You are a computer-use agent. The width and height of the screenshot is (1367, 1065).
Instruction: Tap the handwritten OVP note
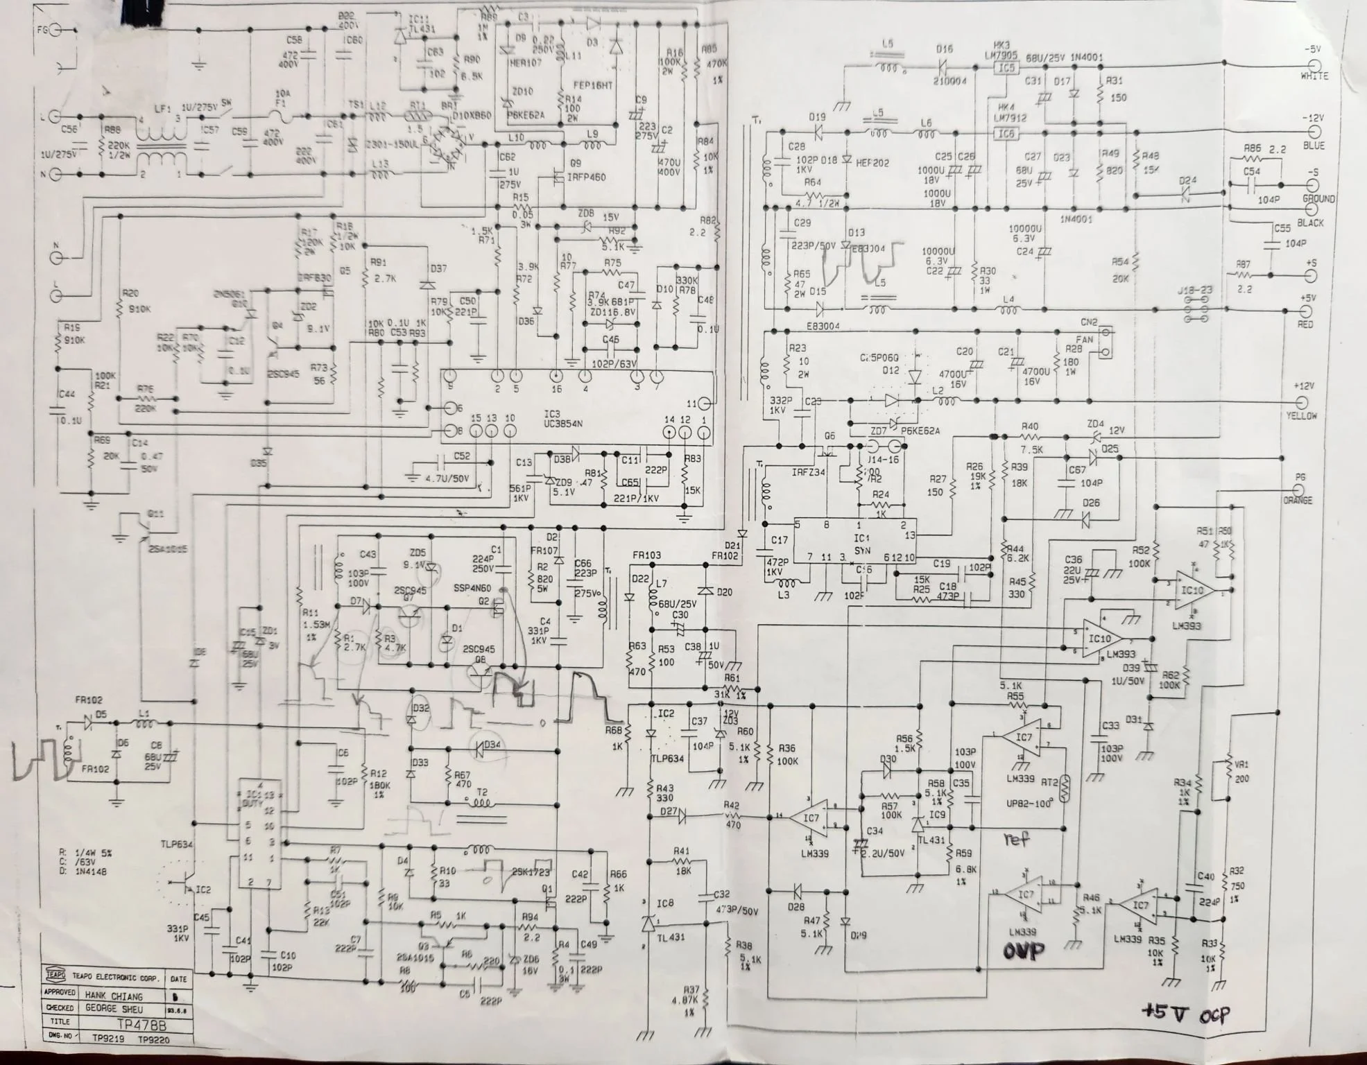tap(1023, 951)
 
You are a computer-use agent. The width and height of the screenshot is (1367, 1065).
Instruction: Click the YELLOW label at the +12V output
tap(1301, 416)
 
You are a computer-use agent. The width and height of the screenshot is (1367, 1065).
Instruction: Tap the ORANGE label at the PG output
tap(1297, 500)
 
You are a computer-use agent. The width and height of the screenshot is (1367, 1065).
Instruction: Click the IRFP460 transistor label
tap(586, 177)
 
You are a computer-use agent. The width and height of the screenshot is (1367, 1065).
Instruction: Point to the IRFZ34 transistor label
tap(808, 472)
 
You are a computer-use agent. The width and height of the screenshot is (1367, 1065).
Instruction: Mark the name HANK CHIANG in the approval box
tap(114, 995)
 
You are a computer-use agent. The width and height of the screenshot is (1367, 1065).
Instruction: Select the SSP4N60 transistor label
tap(472, 588)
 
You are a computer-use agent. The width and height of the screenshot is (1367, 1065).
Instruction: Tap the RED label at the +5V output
tap(1305, 324)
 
